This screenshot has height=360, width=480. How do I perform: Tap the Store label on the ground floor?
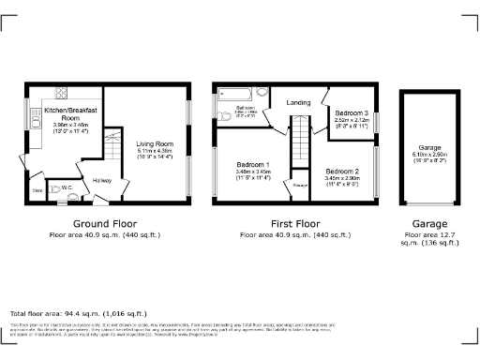pyautogui.click(x=37, y=189)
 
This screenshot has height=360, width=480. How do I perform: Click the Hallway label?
pyautogui.click(x=101, y=180)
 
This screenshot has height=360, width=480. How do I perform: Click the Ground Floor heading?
pyautogui.click(x=105, y=224)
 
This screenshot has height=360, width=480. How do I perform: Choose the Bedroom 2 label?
pyautogui.click(x=342, y=172)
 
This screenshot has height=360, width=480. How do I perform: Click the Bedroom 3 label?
pyautogui.click(x=352, y=112)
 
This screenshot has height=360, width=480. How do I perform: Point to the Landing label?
pyautogui.click(x=298, y=102)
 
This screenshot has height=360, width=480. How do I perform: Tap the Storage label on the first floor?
pyautogui.click(x=300, y=186)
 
